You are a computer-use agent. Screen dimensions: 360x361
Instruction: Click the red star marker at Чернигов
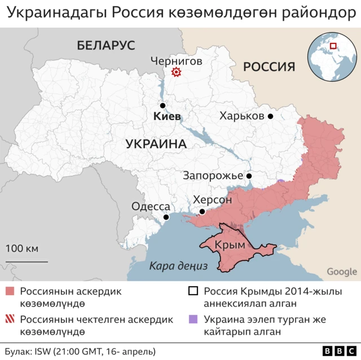[176, 72]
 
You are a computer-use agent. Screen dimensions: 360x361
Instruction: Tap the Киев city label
[167, 117]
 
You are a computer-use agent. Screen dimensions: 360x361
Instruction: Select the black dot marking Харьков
[271, 116]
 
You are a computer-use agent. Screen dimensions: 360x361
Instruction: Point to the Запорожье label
[213, 176]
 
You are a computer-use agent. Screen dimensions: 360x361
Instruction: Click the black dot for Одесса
[166, 217]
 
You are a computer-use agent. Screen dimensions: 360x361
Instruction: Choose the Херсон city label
[212, 199]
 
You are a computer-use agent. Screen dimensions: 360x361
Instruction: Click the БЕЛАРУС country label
[106, 46]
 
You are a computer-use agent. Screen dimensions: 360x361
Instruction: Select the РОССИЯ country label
[269, 66]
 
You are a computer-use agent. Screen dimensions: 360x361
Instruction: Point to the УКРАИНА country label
[156, 144]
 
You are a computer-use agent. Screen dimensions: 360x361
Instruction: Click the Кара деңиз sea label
[179, 266]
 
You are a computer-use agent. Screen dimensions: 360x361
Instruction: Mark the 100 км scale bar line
[22, 261]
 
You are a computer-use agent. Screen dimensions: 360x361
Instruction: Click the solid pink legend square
[10, 291]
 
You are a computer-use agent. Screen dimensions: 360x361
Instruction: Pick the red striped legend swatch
[10, 319]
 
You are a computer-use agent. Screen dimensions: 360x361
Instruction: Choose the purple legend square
[193, 319]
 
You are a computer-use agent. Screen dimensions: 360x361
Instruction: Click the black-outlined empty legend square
[193, 291]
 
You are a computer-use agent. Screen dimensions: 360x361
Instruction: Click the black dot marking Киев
[162, 105]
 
